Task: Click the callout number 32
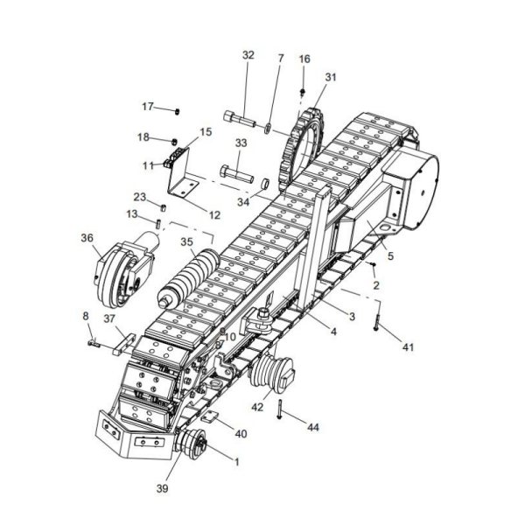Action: tap(248, 54)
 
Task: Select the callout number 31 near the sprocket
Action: tap(330, 78)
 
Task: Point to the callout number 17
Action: tap(148, 107)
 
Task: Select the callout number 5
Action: tap(390, 256)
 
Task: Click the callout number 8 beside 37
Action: tap(85, 315)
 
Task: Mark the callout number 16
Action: tap(304, 59)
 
